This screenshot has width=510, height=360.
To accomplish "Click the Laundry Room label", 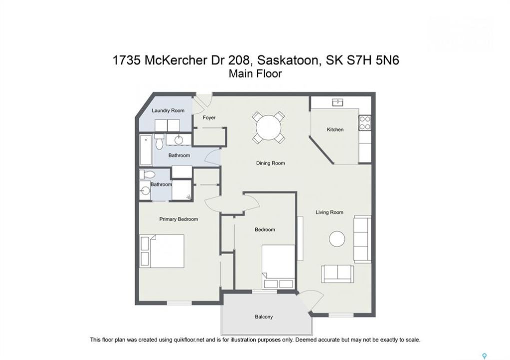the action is [x=168, y=110].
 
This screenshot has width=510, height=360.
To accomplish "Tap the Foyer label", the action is [x=209, y=117].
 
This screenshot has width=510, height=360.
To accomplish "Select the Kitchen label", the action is [x=335, y=129].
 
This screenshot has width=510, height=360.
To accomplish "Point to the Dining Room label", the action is [x=270, y=163].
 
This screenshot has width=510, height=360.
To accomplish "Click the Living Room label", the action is [x=329, y=212].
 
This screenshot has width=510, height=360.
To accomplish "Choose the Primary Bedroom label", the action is [x=179, y=219].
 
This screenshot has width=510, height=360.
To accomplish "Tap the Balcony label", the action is [x=264, y=317].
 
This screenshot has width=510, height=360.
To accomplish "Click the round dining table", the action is [x=268, y=127].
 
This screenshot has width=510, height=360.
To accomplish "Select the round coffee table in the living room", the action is [x=337, y=239].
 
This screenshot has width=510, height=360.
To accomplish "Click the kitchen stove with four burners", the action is [x=365, y=123].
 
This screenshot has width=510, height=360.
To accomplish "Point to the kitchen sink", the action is [x=337, y=102].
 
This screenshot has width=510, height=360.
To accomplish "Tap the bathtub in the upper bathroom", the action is [x=146, y=150].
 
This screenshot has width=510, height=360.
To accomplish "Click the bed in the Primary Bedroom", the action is [x=162, y=251].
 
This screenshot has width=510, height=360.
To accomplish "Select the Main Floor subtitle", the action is [x=255, y=74].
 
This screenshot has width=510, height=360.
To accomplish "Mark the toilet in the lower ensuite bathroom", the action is [x=147, y=174].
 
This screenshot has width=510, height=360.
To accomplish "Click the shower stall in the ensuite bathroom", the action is [x=182, y=189].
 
